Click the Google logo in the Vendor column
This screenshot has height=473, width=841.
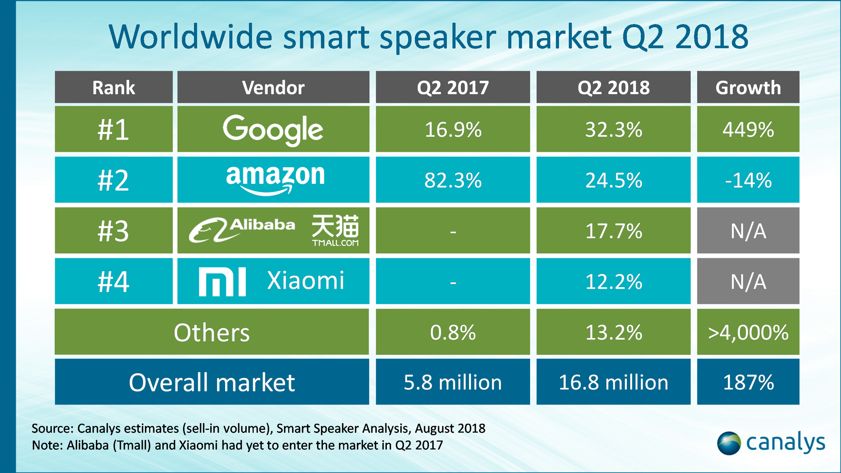click(273, 130)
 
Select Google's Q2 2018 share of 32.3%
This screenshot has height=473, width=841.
click(613, 130)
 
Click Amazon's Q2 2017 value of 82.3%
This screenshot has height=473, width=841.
click(452, 180)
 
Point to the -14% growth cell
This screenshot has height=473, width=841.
click(748, 180)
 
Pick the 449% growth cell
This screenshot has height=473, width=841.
click(748, 130)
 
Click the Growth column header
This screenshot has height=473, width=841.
click(748, 88)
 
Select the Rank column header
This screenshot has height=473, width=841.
click(113, 88)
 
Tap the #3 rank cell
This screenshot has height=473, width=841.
click(113, 231)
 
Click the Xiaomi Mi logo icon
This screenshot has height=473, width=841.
click(222, 282)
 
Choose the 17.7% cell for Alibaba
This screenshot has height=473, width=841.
click(613, 231)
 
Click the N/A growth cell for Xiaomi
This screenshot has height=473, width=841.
click(748, 282)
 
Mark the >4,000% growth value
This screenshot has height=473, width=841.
click(748, 332)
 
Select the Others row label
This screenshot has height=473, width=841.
click(212, 332)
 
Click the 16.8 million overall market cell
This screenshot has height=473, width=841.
click(613, 382)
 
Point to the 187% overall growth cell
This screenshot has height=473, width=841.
click(748, 382)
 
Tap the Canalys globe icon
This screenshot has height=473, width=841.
click(728, 443)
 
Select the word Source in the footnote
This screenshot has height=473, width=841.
click(52, 428)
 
